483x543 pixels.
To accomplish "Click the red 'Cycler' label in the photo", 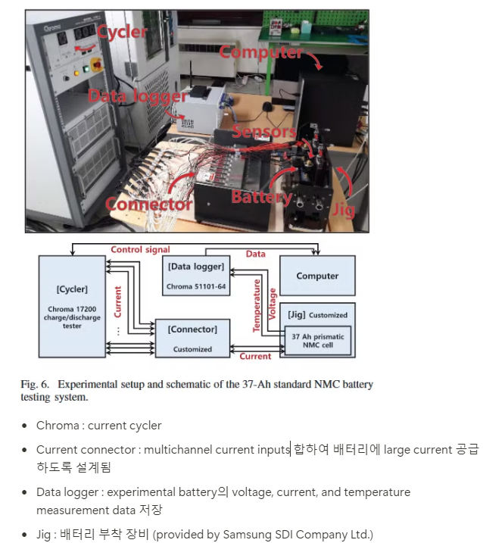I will point(123,32).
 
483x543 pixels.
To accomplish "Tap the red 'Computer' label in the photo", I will point(260,52).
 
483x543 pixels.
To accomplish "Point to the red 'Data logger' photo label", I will point(136,96).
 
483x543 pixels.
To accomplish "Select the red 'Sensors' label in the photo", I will point(263,132).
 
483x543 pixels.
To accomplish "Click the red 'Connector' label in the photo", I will point(148,204).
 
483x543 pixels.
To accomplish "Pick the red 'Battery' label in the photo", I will point(261,197).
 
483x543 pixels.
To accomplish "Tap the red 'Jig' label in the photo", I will point(343,209).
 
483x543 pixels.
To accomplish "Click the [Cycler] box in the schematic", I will point(71,306).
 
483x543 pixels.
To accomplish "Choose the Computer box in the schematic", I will point(317,276).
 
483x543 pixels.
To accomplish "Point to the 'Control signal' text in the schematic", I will point(140,249).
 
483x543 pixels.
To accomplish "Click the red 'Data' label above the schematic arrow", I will point(256,254).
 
